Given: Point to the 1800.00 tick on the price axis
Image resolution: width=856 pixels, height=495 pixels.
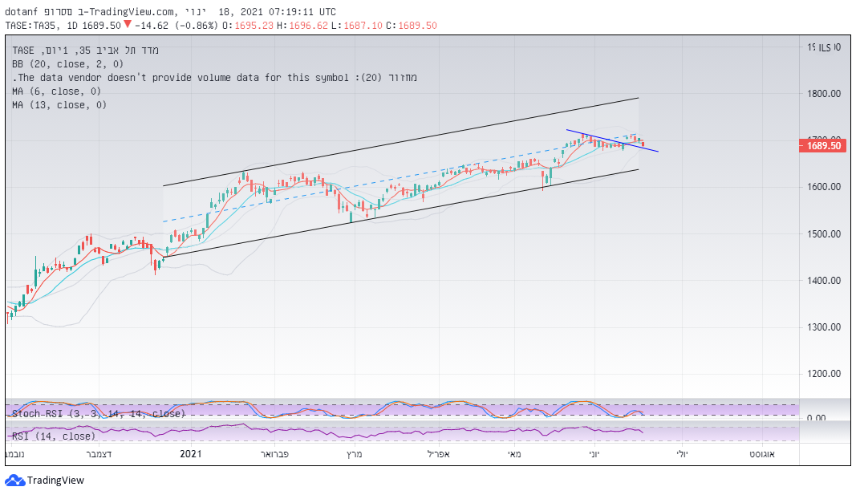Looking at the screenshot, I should pos(824,94).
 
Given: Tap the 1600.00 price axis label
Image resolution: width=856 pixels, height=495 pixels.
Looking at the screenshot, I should pos(824,187).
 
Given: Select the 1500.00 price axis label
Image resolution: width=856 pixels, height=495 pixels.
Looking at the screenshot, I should pos(824,234).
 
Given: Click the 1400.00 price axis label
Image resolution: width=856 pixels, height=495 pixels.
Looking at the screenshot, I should pos(824,281).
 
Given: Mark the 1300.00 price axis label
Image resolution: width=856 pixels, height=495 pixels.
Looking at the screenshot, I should pos(824,327).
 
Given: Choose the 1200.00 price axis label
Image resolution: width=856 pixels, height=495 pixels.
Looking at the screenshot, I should pos(824,374).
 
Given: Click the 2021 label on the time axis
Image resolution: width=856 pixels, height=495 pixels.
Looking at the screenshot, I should pos(191,454).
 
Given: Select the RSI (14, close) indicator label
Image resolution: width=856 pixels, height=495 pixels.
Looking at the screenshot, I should pos(53,436).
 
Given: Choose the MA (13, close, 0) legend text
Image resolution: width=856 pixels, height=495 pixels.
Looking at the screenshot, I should pos(59,104).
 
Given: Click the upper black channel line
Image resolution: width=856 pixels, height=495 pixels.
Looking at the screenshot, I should pos(401,142).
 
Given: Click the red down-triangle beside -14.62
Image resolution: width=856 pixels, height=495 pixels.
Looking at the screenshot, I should pos(127,25).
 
